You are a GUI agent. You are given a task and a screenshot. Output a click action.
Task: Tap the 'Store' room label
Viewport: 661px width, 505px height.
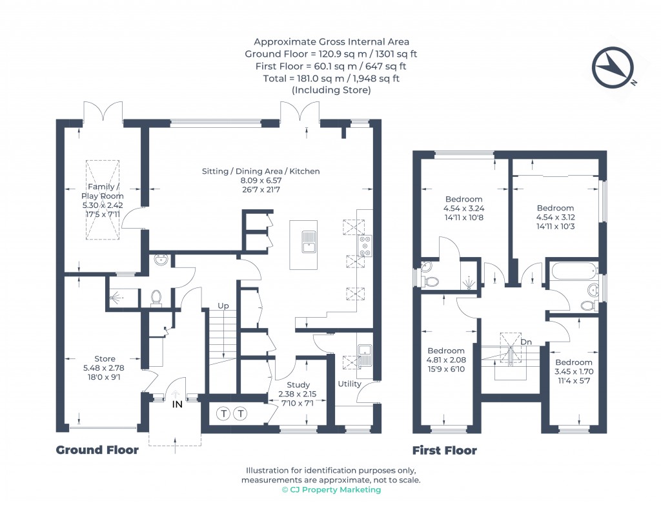pyautogui.click(x=105, y=359)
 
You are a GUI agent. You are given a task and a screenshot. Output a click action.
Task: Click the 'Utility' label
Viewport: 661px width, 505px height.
pyautogui.click(x=349, y=384)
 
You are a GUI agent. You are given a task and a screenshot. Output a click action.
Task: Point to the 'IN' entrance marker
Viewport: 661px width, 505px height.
pyautogui.click(x=178, y=404)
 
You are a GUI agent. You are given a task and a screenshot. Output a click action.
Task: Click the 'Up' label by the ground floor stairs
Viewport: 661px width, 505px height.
pyautogui.click(x=223, y=305)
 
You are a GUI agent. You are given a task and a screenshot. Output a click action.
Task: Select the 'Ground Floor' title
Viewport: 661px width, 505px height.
pyautogui.click(x=97, y=450)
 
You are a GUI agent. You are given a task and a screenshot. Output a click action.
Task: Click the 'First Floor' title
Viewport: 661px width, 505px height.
pyautogui.click(x=445, y=450)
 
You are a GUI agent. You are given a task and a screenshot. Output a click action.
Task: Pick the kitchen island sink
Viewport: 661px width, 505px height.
pyautogui.click(x=309, y=241)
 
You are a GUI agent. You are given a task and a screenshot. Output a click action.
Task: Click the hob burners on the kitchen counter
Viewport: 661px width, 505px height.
pyautogui.click(x=365, y=247)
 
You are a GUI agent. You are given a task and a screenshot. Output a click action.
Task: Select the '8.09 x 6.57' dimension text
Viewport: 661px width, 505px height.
pyautogui.click(x=261, y=181)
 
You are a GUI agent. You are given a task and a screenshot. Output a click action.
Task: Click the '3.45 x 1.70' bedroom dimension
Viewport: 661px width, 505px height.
pyautogui.click(x=573, y=371)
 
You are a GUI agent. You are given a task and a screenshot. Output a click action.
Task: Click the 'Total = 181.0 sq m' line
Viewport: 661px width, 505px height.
pyautogui.click(x=331, y=78)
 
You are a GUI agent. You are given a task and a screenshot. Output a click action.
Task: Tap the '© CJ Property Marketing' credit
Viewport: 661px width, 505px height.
pyautogui.click(x=331, y=490)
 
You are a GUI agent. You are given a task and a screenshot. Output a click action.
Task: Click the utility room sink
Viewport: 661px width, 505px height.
pyautogui.click(x=364, y=355)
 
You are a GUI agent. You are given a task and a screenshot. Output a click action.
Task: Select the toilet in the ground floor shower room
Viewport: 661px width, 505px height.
pyautogui.click(x=156, y=297)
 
